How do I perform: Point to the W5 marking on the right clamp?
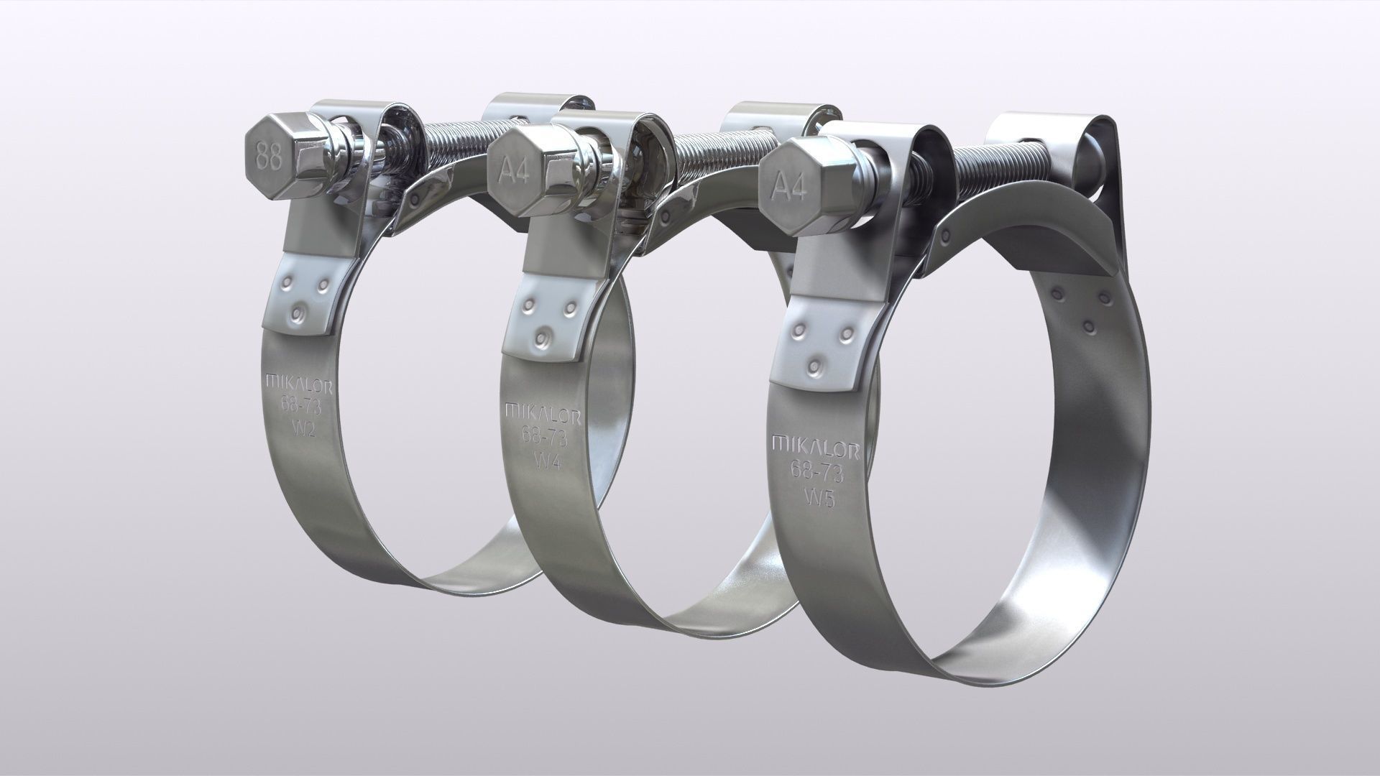(819, 497)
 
